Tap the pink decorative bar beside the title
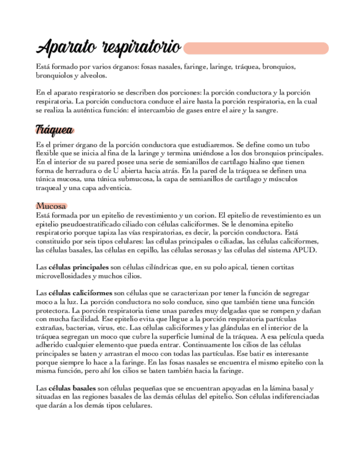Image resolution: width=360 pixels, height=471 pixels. (256, 48)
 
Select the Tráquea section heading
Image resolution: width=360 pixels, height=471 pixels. (54, 131)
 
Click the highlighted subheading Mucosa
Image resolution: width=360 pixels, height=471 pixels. (51, 206)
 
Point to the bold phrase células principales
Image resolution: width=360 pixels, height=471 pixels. (78, 267)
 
